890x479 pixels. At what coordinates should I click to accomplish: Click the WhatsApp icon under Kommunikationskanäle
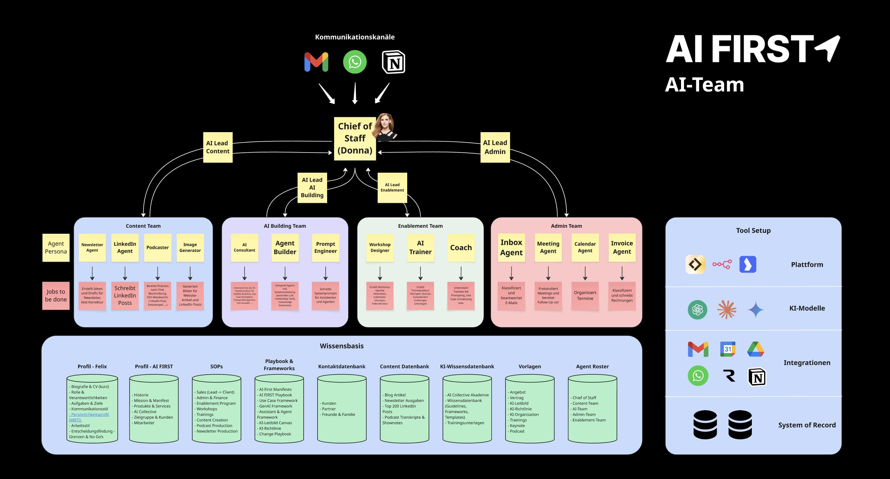[x=354, y=62]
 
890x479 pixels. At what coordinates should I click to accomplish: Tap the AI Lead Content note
[x=218, y=147]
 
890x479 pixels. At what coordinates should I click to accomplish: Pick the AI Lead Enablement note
[x=392, y=187]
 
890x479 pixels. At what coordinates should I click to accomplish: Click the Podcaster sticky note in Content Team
[x=157, y=248]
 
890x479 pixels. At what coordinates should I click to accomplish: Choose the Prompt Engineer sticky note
[x=325, y=248]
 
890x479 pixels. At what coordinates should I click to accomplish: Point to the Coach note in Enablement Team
[x=461, y=248]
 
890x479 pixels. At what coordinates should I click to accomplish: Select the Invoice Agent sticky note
[x=622, y=248]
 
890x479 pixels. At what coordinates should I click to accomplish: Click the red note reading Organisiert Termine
[x=585, y=296]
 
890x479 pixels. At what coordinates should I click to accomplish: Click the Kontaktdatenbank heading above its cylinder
[x=342, y=366]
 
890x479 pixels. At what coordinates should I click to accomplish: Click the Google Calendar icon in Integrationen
[x=728, y=349]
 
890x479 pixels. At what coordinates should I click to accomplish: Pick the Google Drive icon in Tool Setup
[x=756, y=349]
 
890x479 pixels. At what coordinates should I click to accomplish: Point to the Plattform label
[x=807, y=265]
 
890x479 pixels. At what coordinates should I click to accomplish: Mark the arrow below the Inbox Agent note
[x=511, y=273]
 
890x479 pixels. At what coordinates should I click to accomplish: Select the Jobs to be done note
[x=56, y=296]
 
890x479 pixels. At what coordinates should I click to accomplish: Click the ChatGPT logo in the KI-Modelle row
[x=697, y=309]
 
